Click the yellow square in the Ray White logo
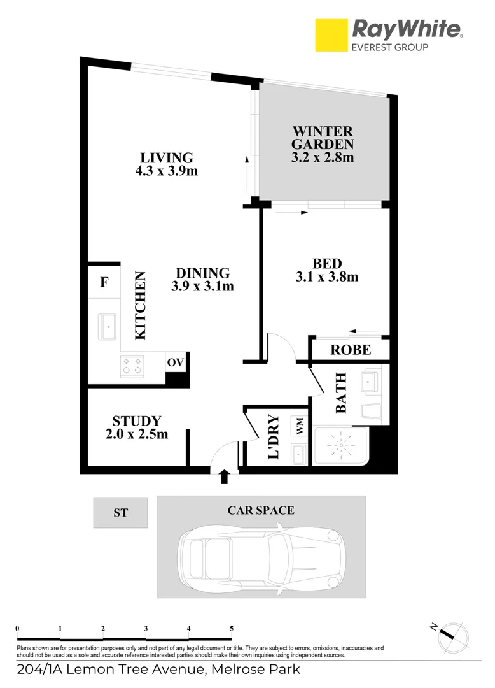[x=331, y=36]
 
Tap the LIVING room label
[x=166, y=157]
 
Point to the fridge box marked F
[x=104, y=282]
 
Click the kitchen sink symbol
[x=109, y=326]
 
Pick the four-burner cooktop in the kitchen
[x=132, y=365]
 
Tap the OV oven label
[x=175, y=362]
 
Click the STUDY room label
[x=136, y=421]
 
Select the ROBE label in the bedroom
[x=350, y=350]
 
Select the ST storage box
[x=120, y=512]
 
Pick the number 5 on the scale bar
[x=232, y=628]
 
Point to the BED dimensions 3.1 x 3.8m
[x=327, y=276]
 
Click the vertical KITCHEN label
[x=140, y=306]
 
